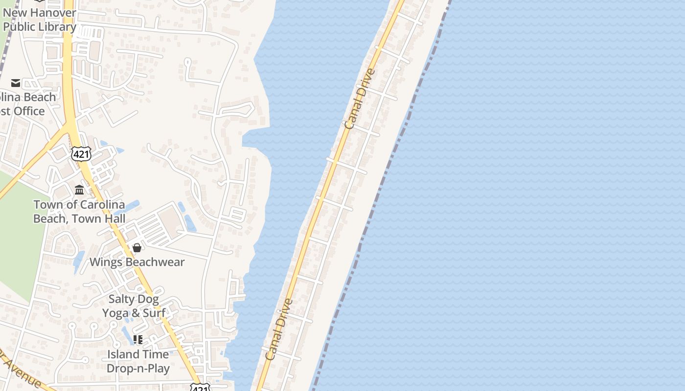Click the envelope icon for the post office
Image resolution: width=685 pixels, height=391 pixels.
click(x=16, y=83)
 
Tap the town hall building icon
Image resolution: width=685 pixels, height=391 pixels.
click(x=79, y=190)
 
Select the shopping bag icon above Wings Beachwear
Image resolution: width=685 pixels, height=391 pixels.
click(x=137, y=248)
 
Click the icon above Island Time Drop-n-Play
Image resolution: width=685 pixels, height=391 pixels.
click(x=138, y=339)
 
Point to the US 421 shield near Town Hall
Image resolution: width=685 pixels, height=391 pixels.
click(x=81, y=154)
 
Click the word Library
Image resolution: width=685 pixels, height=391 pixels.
click(x=54, y=27)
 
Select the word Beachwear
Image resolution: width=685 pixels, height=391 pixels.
click(x=154, y=262)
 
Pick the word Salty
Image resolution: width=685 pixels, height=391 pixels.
click(x=120, y=299)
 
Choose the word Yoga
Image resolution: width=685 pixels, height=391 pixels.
click(x=115, y=313)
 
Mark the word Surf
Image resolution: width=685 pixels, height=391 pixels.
click(x=154, y=313)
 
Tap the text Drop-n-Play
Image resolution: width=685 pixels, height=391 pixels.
click(x=138, y=368)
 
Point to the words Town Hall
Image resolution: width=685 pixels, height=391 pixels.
click(x=98, y=218)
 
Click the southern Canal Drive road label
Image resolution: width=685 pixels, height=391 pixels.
click(x=279, y=329)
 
